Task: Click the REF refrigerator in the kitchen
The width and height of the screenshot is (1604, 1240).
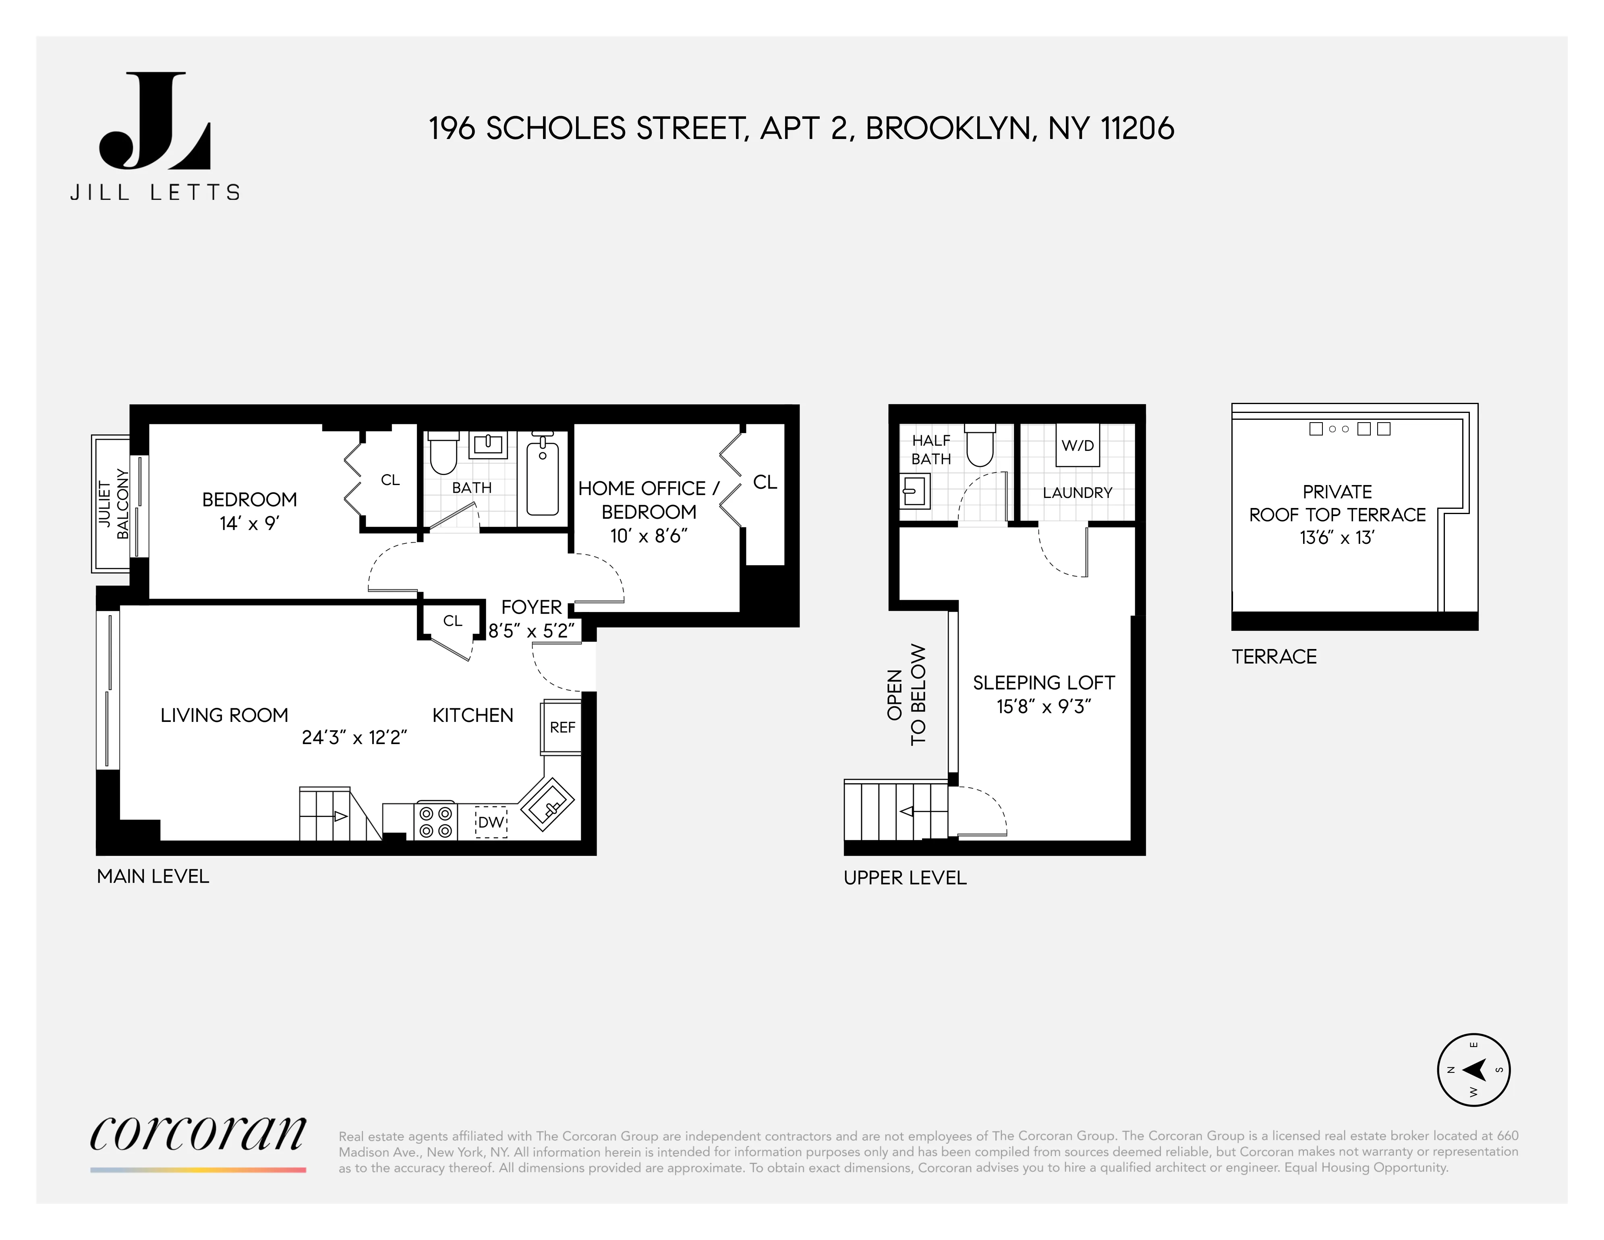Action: (x=562, y=727)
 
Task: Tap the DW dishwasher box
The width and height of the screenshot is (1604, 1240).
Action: (x=491, y=822)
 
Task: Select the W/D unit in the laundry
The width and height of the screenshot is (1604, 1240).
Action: (x=1078, y=445)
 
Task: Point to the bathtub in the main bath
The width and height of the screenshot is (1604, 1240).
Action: (x=543, y=475)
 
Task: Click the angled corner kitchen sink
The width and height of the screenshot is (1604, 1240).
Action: (x=547, y=805)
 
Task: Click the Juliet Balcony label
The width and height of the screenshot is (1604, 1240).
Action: (x=114, y=504)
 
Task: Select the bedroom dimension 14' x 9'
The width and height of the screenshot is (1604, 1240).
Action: (x=250, y=523)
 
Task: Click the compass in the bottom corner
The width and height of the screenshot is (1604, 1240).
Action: (x=1473, y=1070)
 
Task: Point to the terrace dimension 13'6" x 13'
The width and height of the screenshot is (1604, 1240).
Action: (x=1337, y=538)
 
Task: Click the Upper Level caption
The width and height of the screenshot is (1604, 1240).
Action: (x=905, y=878)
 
